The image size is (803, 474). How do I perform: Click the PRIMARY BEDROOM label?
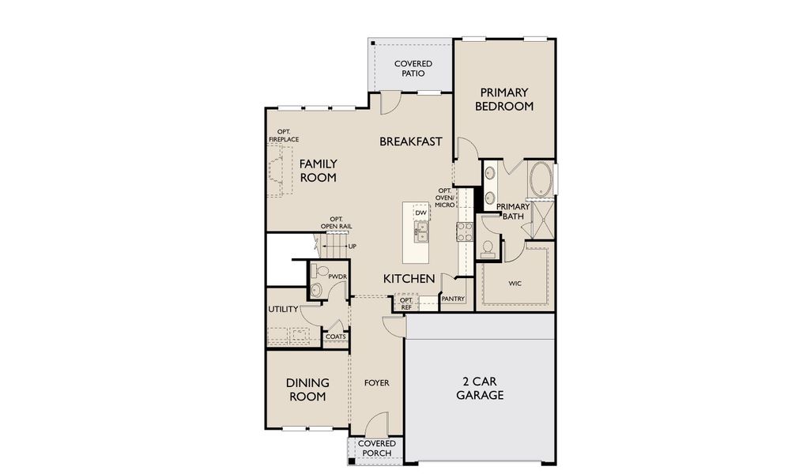point(504,100)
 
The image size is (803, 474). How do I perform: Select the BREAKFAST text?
point(410,141)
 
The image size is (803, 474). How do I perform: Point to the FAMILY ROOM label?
point(318,171)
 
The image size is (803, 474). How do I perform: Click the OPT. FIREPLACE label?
point(283,136)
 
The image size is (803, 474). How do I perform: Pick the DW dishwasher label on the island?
point(421,213)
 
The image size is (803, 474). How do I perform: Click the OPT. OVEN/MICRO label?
point(445,197)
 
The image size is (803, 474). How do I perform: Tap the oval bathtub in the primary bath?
point(541,180)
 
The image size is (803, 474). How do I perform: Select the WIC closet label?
point(515,283)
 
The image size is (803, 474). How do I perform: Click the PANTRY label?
point(453,299)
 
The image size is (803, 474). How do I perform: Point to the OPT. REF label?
point(406,303)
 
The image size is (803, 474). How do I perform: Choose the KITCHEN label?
point(409,279)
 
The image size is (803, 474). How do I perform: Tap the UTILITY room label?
point(283,309)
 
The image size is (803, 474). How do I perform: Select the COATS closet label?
point(335,337)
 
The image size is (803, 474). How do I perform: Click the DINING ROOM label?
point(307,389)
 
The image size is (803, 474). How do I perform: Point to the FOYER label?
point(376,383)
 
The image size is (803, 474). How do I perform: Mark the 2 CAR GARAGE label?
point(480,388)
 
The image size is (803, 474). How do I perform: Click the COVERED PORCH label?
point(376,449)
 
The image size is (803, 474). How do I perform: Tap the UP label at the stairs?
point(352,246)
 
